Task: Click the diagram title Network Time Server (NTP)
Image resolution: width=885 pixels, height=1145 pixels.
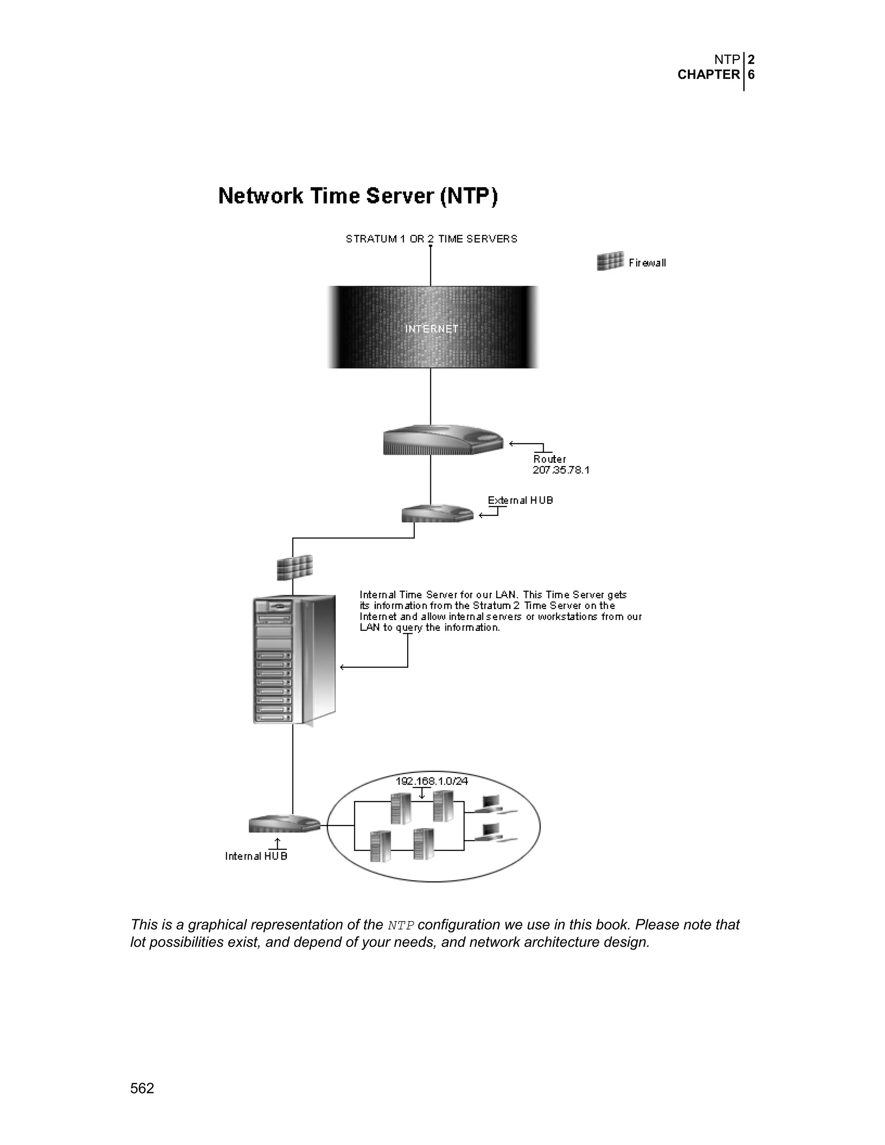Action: [357, 196]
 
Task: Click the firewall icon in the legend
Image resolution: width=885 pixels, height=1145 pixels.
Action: [610, 261]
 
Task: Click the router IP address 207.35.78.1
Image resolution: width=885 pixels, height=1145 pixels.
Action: [561, 470]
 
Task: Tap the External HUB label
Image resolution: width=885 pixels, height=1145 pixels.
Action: [520, 500]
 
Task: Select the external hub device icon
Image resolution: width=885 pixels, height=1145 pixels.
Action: [437, 514]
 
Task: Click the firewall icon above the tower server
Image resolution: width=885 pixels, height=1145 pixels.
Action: [295, 567]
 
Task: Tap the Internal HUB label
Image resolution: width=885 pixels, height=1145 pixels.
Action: [256, 856]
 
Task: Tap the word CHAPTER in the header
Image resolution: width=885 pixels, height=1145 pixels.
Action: [708, 75]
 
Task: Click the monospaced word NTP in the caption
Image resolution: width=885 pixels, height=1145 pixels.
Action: [401, 926]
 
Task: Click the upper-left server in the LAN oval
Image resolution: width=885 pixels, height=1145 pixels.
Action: [401, 808]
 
